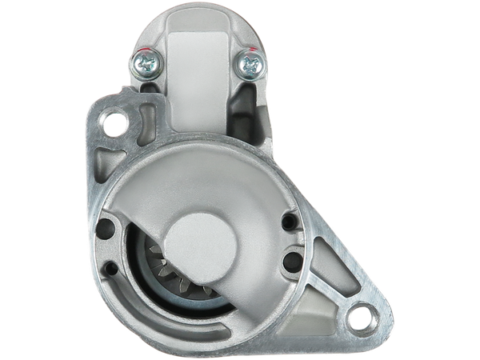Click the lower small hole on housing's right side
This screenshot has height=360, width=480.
[291, 259]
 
